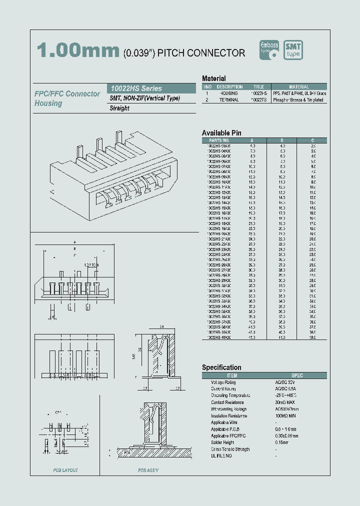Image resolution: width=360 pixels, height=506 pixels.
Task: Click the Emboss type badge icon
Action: [x=269, y=49]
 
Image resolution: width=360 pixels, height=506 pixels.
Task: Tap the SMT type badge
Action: [x=293, y=49]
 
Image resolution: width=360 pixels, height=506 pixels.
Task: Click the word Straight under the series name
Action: [x=119, y=108]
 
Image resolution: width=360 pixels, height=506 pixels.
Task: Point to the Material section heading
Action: [x=213, y=78]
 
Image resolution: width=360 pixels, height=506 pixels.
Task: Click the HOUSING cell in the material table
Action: [x=228, y=93]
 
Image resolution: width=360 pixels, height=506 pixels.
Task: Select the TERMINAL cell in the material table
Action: [x=228, y=100]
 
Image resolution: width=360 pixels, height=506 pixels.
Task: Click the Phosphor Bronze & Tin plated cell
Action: [x=298, y=100]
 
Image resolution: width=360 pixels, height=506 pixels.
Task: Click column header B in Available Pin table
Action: [x=282, y=140]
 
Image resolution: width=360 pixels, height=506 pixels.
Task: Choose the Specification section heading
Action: [x=221, y=367]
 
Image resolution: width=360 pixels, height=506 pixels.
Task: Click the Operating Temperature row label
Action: [x=227, y=395]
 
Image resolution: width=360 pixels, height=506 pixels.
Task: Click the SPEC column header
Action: [x=297, y=375]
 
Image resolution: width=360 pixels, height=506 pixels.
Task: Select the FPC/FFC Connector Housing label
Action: [x=67, y=98]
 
